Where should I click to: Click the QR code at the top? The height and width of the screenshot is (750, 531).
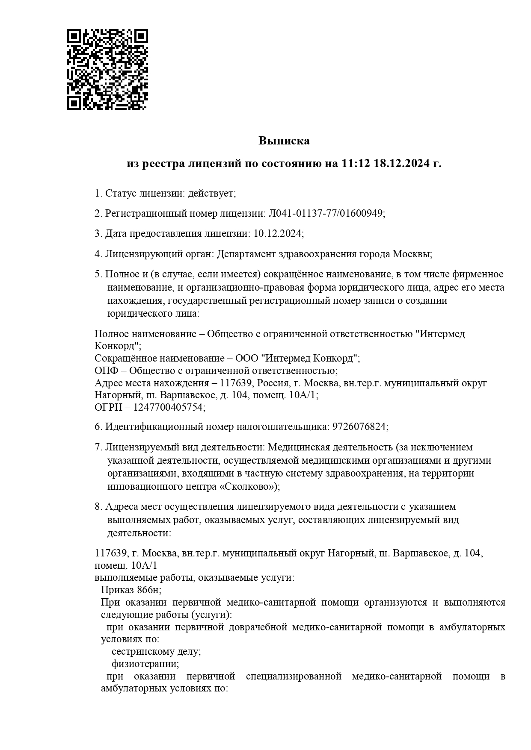pos(107,70)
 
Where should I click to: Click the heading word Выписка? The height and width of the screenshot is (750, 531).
pos(284,141)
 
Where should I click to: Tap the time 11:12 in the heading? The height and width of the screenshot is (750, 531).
pos(355,164)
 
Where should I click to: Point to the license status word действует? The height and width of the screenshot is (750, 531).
pos(211,193)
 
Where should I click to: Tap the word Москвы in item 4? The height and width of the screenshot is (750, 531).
pos(412,254)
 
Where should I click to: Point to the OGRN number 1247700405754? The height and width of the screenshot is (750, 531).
pos(168,407)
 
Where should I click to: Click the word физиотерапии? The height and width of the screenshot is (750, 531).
pos(145,664)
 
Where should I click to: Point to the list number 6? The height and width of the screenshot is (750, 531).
pos(98,426)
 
